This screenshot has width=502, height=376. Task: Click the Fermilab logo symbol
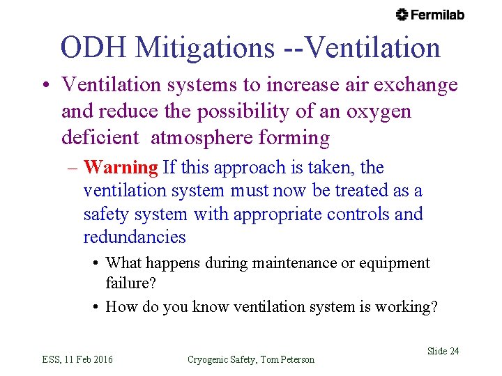[402, 15]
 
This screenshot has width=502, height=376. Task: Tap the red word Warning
[121, 167]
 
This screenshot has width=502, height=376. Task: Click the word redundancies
[134, 237]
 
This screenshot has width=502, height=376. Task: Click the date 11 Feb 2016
[88, 359]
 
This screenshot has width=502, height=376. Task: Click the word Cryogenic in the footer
[210, 359]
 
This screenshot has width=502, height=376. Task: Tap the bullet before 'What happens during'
[95, 263]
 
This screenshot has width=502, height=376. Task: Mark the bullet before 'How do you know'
[95, 307]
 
